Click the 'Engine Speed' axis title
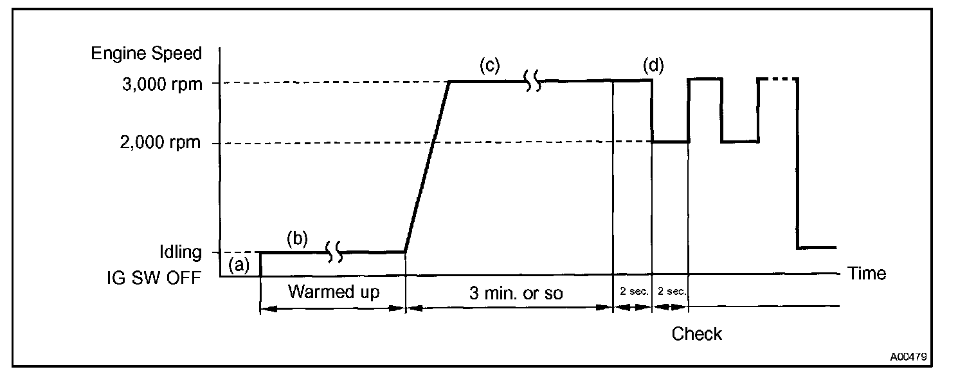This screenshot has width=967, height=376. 147,53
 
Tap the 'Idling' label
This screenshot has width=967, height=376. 180,252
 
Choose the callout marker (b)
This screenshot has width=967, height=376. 297,238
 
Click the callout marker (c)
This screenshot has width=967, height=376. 490,65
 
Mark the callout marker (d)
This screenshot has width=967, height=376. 653,65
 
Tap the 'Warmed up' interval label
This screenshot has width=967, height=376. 334,292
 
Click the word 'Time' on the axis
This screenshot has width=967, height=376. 867,274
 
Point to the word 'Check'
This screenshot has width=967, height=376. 697,334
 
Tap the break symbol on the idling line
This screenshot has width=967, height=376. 334,252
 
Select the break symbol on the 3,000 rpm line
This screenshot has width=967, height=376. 533,81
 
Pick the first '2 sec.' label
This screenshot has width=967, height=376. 633,291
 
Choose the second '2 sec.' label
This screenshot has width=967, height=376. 671,291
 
